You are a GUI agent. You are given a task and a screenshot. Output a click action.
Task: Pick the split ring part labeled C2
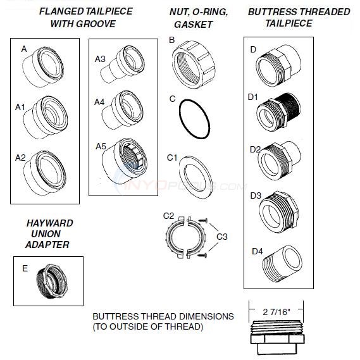(x=186, y=237)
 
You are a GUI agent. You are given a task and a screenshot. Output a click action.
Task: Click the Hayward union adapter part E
(x=51, y=281)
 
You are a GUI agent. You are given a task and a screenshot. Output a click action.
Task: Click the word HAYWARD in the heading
(x=49, y=223)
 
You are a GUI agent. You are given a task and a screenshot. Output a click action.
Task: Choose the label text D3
(x=255, y=196)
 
